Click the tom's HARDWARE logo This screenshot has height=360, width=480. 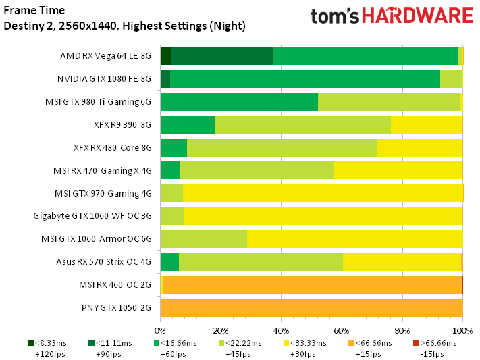click(x=392, y=16)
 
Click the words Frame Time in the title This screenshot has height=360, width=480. click(x=34, y=10)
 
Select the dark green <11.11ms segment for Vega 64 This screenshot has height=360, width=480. click(x=222, y=56)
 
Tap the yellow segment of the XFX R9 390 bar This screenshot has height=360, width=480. click(x=427, y=125)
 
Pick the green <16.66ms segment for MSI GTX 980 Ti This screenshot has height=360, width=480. click(x=239, y=102)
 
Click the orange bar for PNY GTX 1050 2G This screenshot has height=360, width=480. click(x=312, y=308)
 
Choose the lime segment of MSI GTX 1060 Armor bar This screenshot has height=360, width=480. click(x=204, y=239)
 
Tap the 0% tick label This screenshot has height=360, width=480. click(x=160, y=331)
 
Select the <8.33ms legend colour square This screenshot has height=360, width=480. click(x=31, y=343)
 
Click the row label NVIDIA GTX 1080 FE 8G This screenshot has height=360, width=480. click(x=104, y=79)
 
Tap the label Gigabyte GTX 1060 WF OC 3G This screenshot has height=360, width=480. click(x=92, y=216)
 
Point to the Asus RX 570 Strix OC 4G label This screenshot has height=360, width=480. click(x=103, y=262)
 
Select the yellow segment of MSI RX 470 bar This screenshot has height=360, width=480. click(x=398, y=171)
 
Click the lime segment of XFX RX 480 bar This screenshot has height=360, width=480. click(x=282, y=148)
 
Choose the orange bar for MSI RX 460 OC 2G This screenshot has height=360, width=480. click(x=313, y=285)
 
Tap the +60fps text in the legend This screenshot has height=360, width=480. click(x=174, y=354)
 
